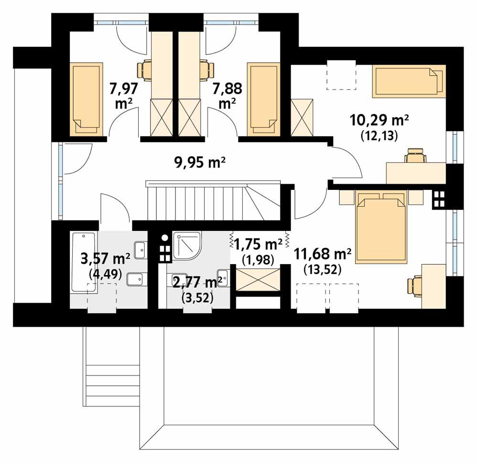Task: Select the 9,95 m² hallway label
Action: pos(199,163)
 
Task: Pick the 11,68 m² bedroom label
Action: pos(323,254)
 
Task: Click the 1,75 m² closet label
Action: pos(257,244)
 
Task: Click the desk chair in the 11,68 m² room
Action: pos(414,286)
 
